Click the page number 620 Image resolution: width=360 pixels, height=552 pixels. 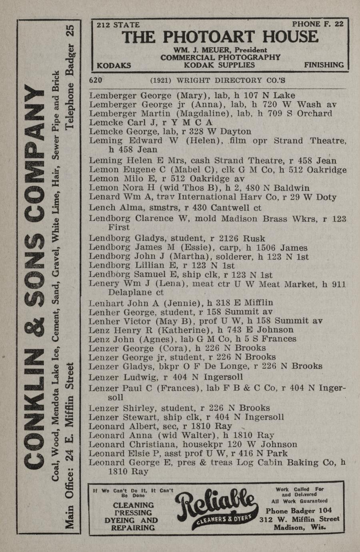96,80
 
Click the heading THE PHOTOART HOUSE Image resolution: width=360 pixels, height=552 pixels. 220,37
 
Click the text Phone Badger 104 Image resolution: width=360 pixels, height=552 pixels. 299,511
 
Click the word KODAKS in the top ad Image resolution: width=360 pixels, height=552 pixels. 114,65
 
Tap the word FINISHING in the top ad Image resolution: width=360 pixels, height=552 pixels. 324,65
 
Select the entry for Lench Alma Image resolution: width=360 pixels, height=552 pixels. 175,208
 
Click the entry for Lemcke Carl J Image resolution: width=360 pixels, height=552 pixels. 150,122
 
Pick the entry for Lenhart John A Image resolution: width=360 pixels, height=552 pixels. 181,303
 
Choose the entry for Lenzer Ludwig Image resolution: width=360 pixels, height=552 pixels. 166,377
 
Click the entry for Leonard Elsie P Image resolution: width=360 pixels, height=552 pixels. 188,454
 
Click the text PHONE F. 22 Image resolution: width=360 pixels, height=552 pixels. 318,24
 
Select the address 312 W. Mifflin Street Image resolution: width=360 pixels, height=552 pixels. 299,519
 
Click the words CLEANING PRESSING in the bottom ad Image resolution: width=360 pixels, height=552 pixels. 133,509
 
